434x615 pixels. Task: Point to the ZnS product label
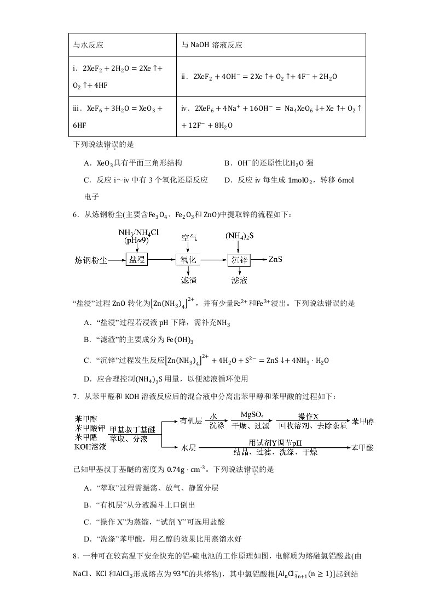275,259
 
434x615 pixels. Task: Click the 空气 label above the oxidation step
189,238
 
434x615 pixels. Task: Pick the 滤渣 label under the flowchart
188,281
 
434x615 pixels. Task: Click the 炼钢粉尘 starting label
91,260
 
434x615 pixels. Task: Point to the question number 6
75,214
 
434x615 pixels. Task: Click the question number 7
75,396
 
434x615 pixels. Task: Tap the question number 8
75,556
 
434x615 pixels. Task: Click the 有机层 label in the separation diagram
191,422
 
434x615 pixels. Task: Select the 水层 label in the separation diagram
189,447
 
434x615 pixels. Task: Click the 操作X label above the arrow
308,415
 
